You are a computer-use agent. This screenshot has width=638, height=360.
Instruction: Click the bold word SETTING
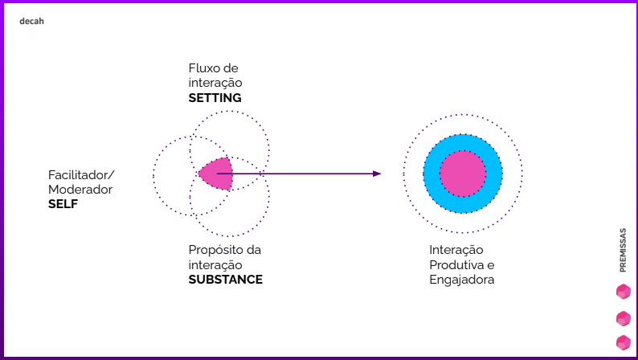point(215,98)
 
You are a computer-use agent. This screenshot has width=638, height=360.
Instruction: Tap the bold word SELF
point(63,204)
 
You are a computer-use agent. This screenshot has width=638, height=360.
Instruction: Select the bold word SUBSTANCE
point(225,280)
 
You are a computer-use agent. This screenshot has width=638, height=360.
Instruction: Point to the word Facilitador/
point(81,174)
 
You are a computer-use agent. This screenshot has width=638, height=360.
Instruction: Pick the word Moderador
point(80,190)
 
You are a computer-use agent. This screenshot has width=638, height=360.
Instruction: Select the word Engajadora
point(461,280)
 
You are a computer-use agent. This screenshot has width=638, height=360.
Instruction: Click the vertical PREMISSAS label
point(623,249)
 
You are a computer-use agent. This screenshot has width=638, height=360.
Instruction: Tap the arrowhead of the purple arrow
point(377,173)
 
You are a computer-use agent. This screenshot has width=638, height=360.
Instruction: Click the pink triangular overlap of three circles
point(215,173)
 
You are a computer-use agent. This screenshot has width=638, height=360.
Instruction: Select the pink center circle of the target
point(463,174)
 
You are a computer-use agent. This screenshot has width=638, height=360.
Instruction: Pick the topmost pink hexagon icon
point(624,291)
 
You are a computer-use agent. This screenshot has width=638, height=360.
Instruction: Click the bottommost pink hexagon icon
point(624,342)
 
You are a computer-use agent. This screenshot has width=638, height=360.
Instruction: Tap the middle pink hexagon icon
point(624,317)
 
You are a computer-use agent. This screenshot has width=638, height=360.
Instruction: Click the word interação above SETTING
point(215,84)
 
